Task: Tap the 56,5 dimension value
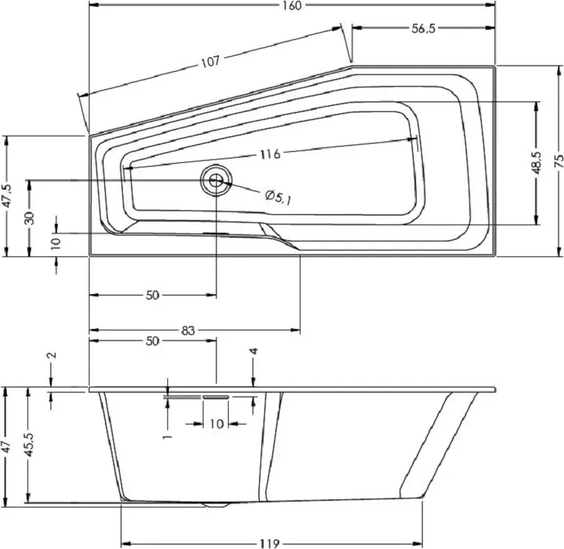tap(423, 28)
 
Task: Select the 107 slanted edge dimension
tap(210, 62)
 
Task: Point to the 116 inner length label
tap(270, 154)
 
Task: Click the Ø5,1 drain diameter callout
tap(278, 197)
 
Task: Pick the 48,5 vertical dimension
tap(537, 162)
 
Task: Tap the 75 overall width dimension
tap(559, 161)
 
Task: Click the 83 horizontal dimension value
tap(188, 330)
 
